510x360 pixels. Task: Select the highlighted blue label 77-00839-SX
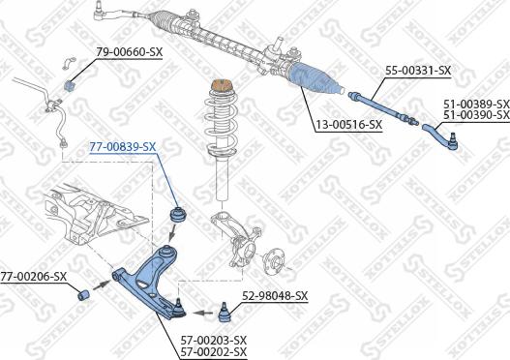[x=122, y=146]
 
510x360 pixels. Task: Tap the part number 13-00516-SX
[x=348, y=124]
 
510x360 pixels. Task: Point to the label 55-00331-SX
[x=418, y=71]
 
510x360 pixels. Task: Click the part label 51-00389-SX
[x=476, y=103]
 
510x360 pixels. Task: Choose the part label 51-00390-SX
[x=476, y=115]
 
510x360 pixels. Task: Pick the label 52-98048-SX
[x=274, y=295]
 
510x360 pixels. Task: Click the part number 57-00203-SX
[x=214, y=340]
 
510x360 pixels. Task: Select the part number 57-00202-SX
[x=214, y=352]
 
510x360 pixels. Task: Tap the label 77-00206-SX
[x=33, y=276]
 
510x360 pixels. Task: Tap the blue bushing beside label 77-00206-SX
[x=84, y=293]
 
